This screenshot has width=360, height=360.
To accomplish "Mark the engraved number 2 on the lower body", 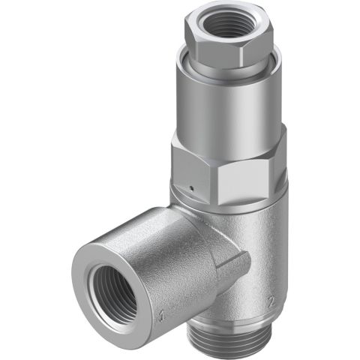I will click(269, 302).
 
